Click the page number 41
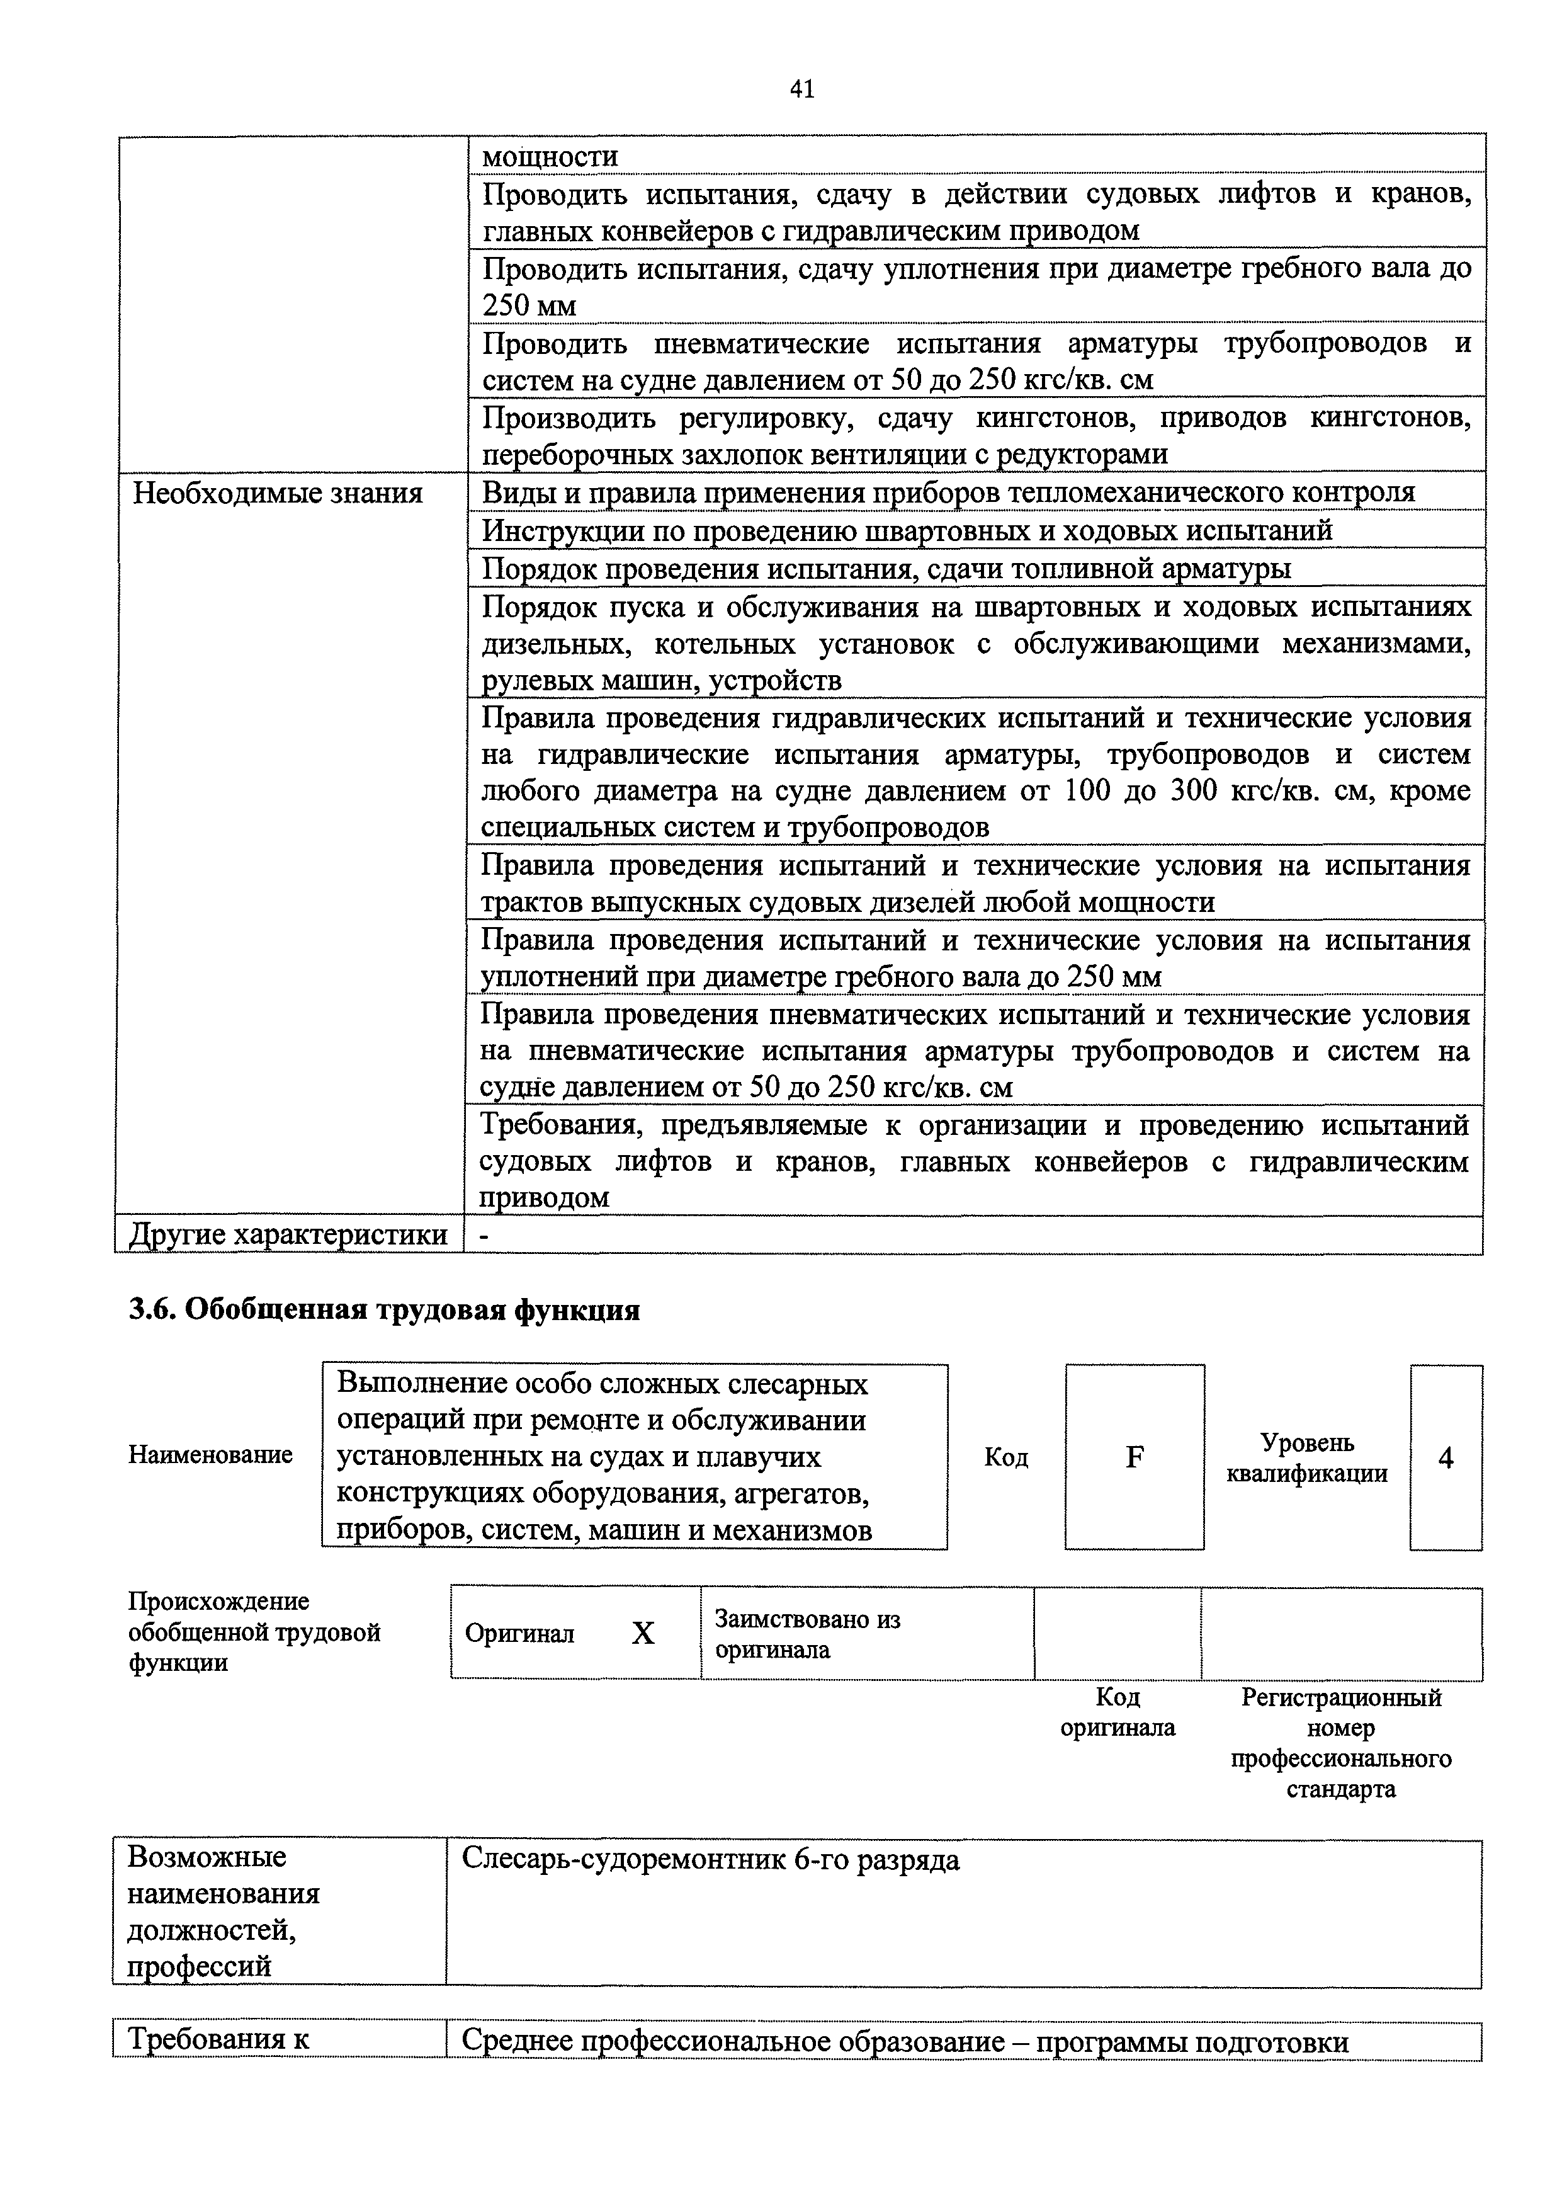click(801, 89)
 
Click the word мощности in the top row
click(550, 156)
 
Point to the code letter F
click(1134, 1457)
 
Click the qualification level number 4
click(1446, 1458)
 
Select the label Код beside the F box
click(1005, 1458)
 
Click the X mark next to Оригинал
click(643, 1634)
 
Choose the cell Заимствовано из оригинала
click(806, 1634)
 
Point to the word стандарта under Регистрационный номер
click(1340, 1789)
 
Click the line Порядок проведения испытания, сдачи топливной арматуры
click(885, 569)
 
